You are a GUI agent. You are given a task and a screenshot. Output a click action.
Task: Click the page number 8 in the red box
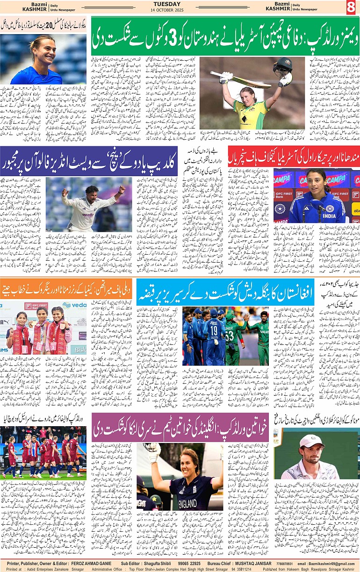(x=351, y=7)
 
